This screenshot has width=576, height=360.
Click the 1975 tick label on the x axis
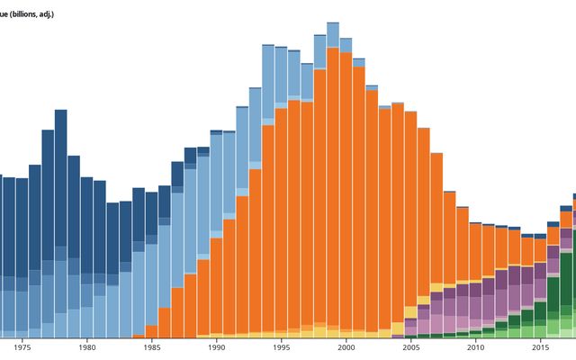pyautogui.click(x=22, y=347)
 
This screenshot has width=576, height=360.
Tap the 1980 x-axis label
pyautogui.click(x=87, y=347)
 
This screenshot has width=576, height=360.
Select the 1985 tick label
pyautogui.click(x=152, y=347)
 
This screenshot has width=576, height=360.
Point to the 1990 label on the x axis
pyautogui.click(x=217, y=347)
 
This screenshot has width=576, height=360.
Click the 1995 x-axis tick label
pyautogui.click(x=282, y=347)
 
